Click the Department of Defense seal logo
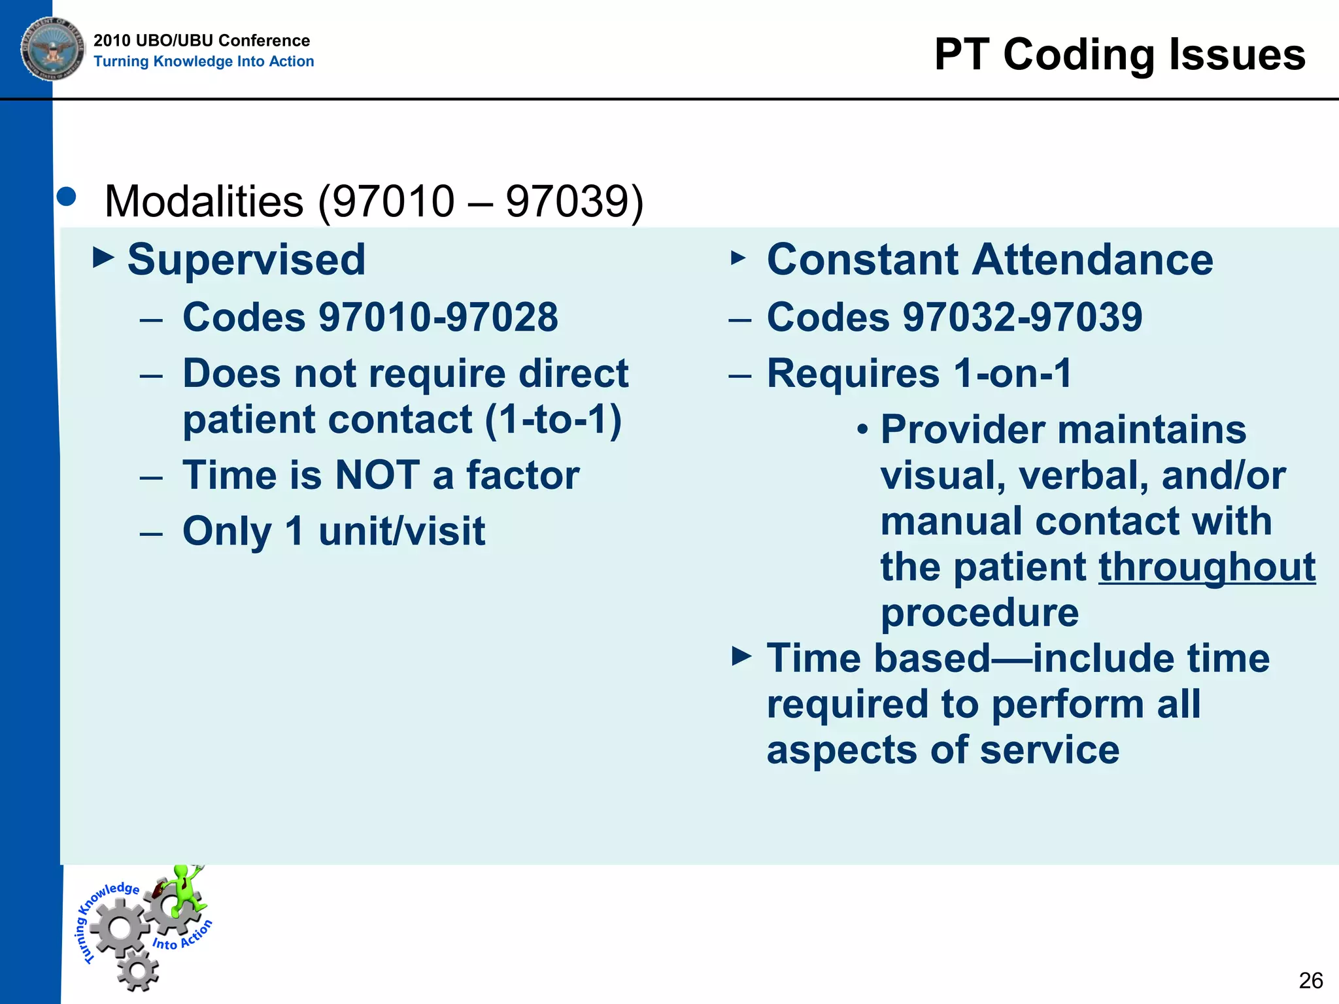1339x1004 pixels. click(x=52, y=49)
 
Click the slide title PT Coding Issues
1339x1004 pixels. click(x=1119, y=54)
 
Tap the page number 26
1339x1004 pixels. click(x=1311, y=980)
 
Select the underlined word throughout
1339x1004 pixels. click(x=1207, y=567)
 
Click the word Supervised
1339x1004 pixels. click(x=246, y=259)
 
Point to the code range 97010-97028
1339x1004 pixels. click(x=438, y=317)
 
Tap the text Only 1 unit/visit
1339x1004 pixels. click(x=333, y=531)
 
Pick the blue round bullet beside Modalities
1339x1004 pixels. click(x=67, y=197)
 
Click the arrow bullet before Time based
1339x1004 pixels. click(x=741, y=656)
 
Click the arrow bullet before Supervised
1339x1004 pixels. click(x=103, y=258)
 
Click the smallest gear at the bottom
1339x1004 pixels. click(x=139, y=971)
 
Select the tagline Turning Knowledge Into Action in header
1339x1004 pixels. click(x=203, y=61)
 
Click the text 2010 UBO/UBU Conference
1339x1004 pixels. click(x=201, y=41)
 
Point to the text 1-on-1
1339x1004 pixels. click(x=1012, y=373)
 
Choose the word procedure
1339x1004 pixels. click(x=979, y=612)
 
